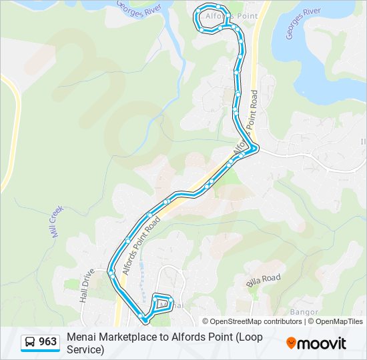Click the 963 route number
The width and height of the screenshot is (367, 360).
pyautogui.click(x=47, y=343)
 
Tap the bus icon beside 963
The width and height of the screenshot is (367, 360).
pyautogui.click(x=31, y=343)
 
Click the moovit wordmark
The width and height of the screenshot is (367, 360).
pyautogui.click(x=322, y=343)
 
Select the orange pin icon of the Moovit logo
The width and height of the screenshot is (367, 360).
pyautogui.click(x=291, y=343)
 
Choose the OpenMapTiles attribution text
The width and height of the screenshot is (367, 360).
pyautogui.click(x=338, y=321)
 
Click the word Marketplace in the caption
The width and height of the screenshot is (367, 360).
pyautogui.click(x=127, y=337)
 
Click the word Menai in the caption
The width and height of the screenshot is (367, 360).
pyautogui.click(x=81, y=337)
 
